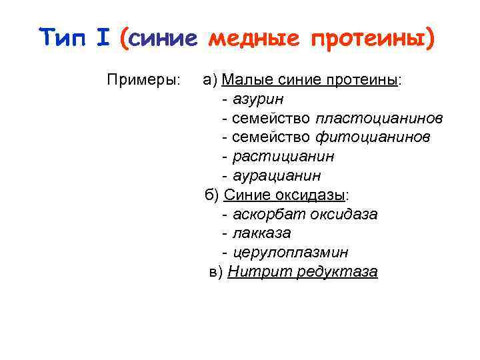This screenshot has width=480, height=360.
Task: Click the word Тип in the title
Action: pos(63,38)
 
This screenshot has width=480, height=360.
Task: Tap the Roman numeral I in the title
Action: pos(103,38)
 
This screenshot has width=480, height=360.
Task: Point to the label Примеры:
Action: pos(143,80)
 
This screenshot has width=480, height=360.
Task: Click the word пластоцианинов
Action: pos(379,119)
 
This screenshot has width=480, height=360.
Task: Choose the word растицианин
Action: pos(283,157)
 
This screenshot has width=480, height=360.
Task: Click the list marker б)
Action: pos(211,195)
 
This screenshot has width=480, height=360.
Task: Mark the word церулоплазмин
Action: pos(290,253)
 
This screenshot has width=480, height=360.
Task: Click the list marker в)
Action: pos(216,272)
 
